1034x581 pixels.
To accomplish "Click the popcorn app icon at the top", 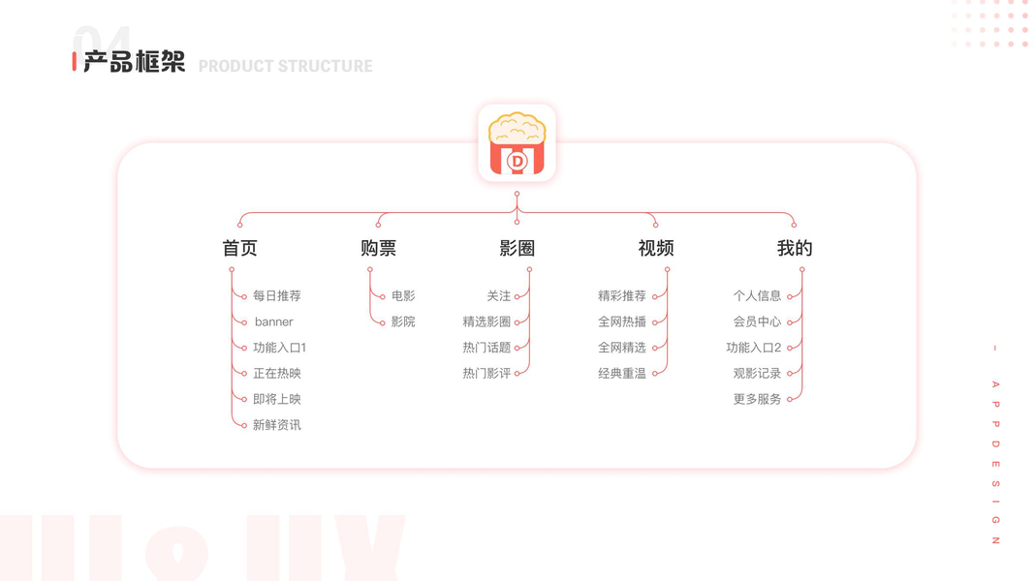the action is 517,143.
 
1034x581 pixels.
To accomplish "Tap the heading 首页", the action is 239,248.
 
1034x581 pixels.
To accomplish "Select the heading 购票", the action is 379,248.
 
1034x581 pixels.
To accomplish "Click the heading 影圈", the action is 517,248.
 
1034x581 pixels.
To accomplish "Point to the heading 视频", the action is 655,248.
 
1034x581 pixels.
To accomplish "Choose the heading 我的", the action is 794,248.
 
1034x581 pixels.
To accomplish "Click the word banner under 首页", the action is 273,322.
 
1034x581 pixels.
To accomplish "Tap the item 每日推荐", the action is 277,295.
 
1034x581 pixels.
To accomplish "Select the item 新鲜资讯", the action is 277,425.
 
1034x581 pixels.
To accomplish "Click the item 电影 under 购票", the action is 403,295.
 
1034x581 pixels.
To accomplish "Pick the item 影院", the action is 403,321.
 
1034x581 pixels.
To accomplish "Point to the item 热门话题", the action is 486,348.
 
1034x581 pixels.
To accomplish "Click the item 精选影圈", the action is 486,321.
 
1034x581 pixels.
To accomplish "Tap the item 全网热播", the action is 622,321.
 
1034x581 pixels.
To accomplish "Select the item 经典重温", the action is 622,374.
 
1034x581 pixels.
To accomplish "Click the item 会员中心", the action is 757,321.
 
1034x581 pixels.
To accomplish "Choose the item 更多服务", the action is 757,399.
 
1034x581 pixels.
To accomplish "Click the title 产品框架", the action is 134,62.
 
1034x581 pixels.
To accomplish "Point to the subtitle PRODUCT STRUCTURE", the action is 286,66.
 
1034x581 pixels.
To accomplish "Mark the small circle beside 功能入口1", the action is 244,348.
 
